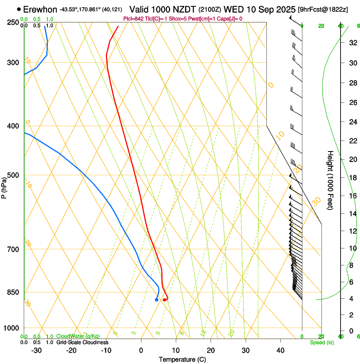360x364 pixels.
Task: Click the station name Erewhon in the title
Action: pyautogui.click(x=41, y=9)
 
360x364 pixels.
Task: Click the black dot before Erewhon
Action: pyautogui.click(x=19, y=9)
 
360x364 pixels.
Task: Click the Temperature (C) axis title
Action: pyautogui.click(x=182, y=359)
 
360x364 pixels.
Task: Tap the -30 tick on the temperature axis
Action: pyautogui.click(x=36, y=350)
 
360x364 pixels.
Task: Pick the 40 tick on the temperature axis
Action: pyautogui.click(x=280, y=350)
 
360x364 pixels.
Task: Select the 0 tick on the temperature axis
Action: pyautogui.click(x=141, y=350)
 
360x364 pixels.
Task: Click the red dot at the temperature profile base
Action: pyautogui.click(x=164, y=300)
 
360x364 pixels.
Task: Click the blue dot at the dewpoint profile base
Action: pyautogui.click(x=157, y=300)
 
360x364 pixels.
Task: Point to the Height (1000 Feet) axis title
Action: pyautogui.click(x=330, y=180)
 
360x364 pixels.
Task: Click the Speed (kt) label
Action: pyautogui.click(x=321, y=342)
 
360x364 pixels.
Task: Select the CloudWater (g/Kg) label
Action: pyautogui.click(x=78, y=336)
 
